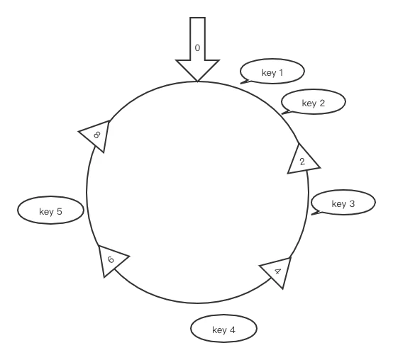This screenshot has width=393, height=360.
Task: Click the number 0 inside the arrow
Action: [x=197, y=48]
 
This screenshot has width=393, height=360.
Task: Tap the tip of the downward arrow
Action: [x=197, y=81]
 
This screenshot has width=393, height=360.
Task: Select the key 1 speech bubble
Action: [x=272, y=72]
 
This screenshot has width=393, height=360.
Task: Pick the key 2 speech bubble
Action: [x=314, y=101]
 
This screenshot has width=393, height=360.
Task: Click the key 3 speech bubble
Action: [x=343, y=202]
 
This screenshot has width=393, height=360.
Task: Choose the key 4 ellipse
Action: [x=224, y=328]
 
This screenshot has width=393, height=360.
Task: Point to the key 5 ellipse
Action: [x=50, y=210]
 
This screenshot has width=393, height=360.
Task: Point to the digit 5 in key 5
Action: [x=59, y=212]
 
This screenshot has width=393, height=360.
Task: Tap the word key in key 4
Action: [x=219, y=330]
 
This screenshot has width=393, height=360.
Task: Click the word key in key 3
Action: [x=339, y=204]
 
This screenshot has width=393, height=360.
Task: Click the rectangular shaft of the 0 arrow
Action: [x=197, y=39]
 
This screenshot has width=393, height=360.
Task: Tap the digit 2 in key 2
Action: [x=322, y=103]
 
